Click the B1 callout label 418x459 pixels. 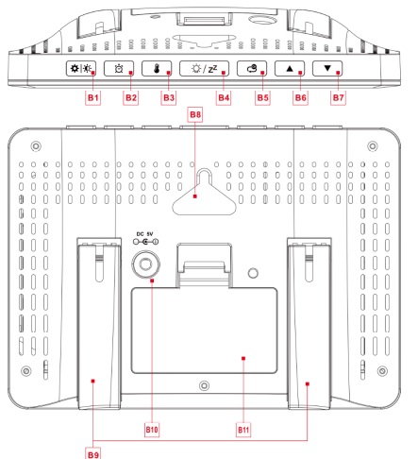coord(93,97)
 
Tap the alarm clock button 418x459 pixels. coord(119,68)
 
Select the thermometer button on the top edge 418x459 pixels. coord(157,68)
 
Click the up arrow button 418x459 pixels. coord(290,68)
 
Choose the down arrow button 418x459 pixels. coord(327,68)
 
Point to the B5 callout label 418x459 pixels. coord(262,97)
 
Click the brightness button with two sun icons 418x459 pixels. coord(81,68)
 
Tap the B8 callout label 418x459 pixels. coord(195,114)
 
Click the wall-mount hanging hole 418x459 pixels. coord(204,193)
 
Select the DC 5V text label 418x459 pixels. coord(144,234)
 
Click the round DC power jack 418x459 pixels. coord(145,263)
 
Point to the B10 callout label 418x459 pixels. coord(152,430)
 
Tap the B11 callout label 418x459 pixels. coord(243,430)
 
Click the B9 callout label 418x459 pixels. coord(93,454)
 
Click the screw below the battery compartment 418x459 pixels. coord(205,385)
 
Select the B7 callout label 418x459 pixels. coord(338,97)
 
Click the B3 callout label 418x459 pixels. coord(169,97)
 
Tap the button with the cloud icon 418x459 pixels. coord(252,68)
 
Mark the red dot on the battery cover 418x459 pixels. coord(243,358)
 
